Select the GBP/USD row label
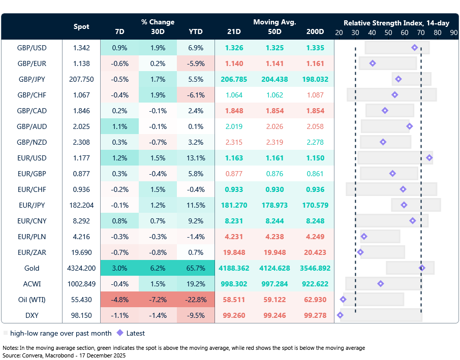[x=32, y=48]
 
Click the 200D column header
[x=315, y=31]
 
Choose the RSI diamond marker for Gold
[x=422, y=268]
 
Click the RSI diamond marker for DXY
[x=340, y=315]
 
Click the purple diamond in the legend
[x=120, y=334]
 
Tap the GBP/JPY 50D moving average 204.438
[x=274, y=79]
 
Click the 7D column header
[x=119, y=31]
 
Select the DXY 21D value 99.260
[x=234, y=315]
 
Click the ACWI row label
[x=32, y=284]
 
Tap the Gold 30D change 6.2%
[x=158, y=268]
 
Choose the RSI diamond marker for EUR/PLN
[x=364, y=237]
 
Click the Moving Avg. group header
[x=274, y=22]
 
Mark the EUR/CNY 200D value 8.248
[x=315, y=221]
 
